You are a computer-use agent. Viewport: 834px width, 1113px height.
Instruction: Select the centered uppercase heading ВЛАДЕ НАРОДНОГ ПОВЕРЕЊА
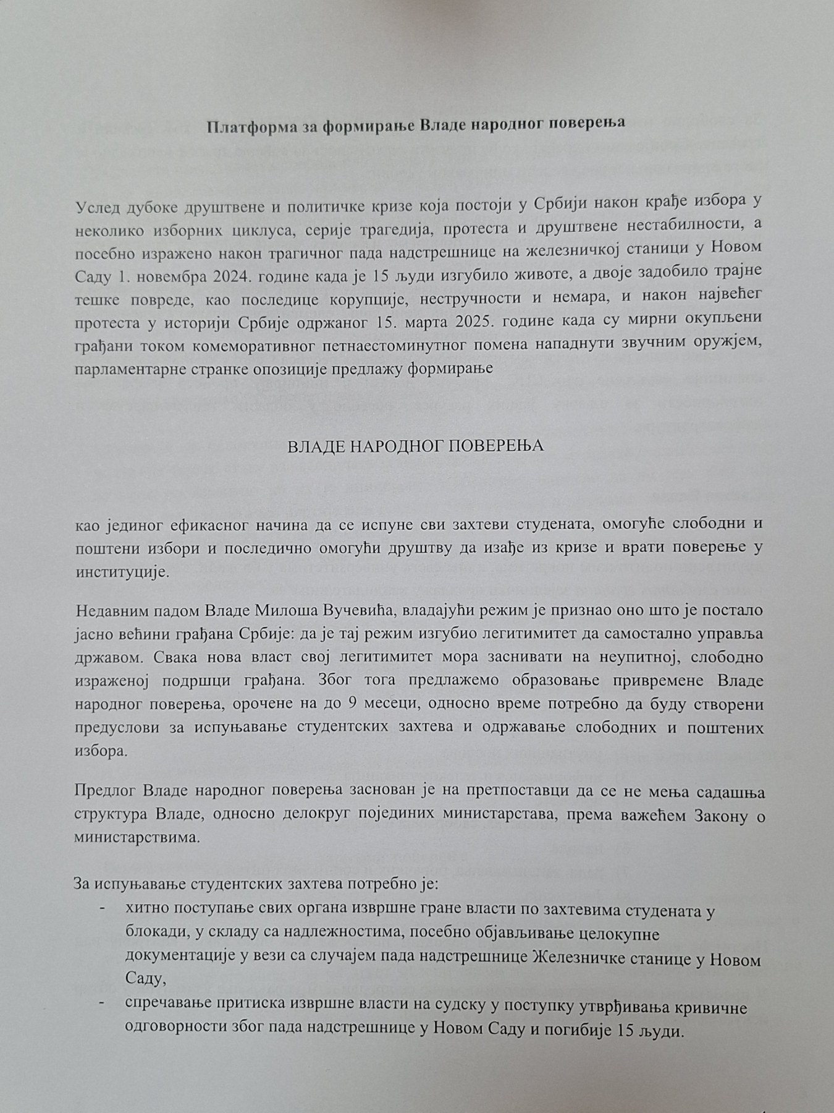click(415, 446)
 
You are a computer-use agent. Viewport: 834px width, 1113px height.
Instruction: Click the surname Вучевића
click(358, 611)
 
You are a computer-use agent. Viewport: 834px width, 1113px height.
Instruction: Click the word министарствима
click(137, 838)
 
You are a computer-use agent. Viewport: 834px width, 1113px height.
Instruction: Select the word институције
click(121, 571)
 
